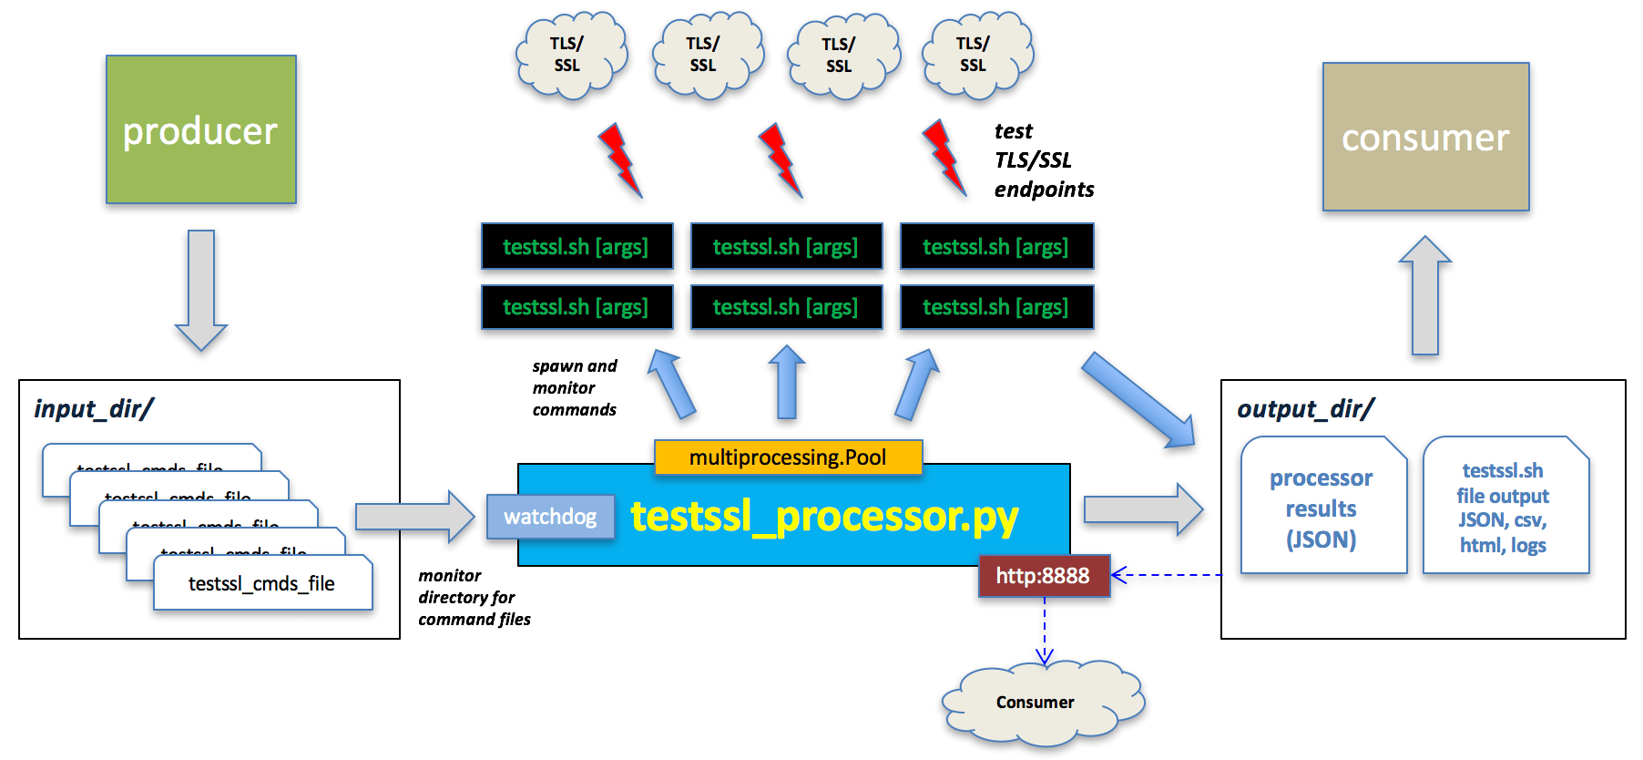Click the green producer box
tap(200, 129)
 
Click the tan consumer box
tap(1425, 137)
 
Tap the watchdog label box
tap(550, 517)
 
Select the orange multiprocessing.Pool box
tap(788, 457)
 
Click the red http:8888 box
tap(1044, 576)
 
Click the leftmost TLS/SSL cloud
tap(569, 55)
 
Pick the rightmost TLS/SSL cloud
tap(975, 55)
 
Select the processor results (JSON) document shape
tap(1322, 508)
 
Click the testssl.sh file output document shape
tap(1504, 508)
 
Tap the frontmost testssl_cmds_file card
tap(262, 583)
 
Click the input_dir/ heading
tap(94, 408)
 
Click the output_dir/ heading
tap(1305, 408)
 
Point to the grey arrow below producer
tap(201, 290)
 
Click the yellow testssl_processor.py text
tap(824, 516)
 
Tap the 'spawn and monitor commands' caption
tap(574, 388)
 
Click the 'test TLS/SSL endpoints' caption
tap(1042, 160)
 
